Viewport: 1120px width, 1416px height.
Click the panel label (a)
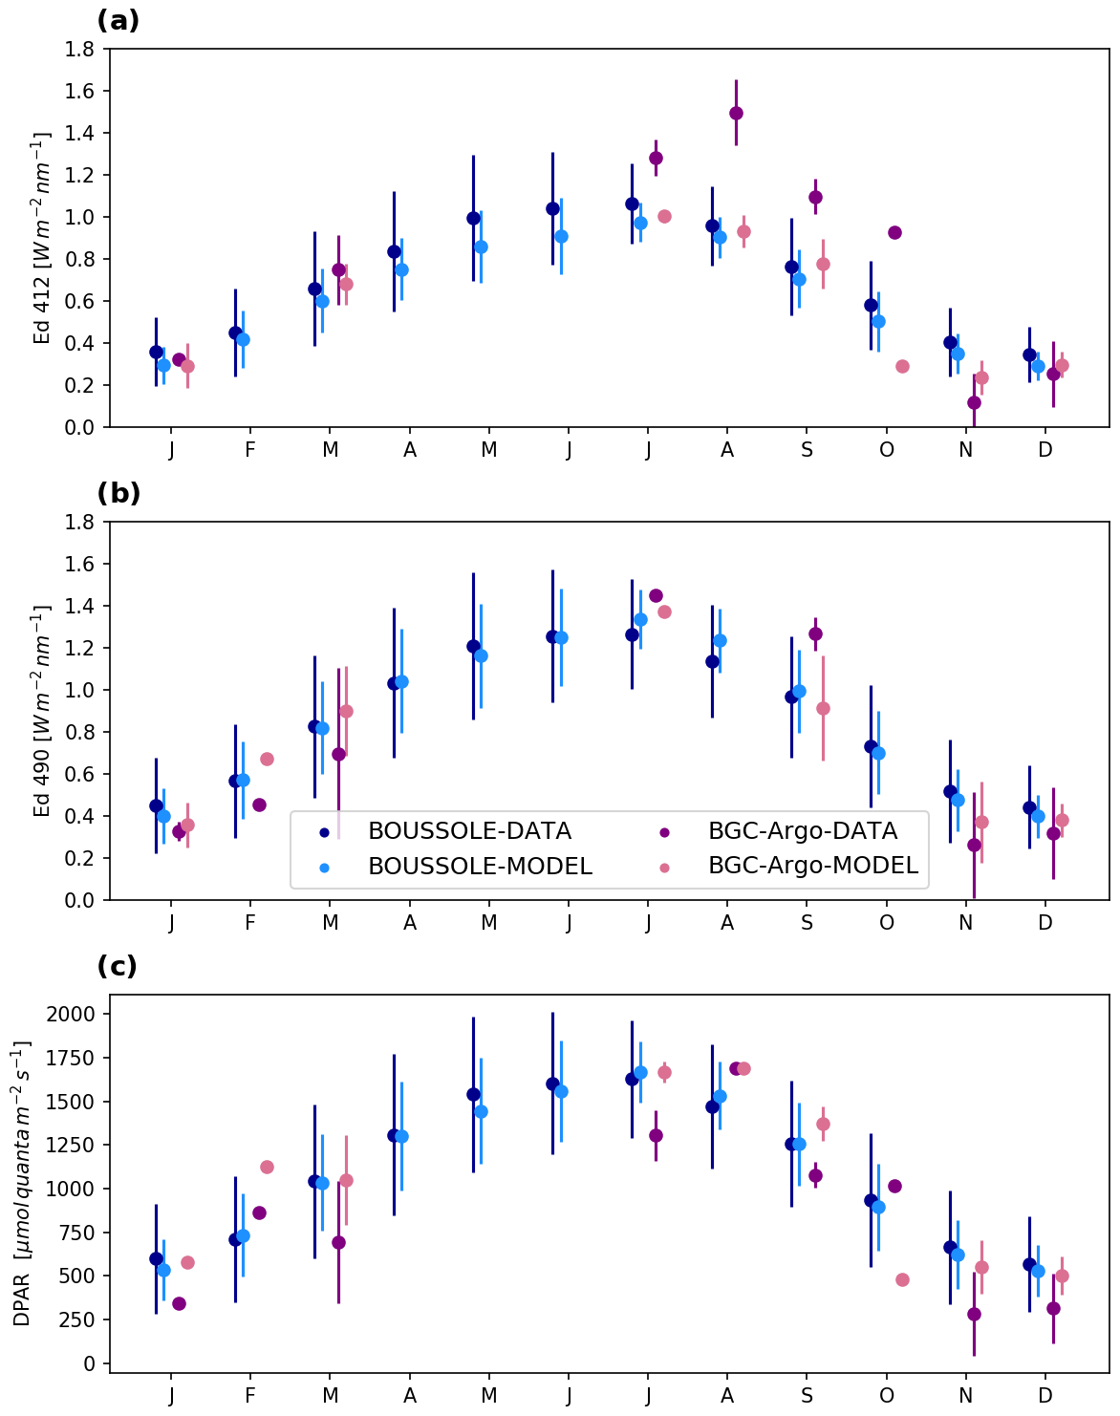[118, 20]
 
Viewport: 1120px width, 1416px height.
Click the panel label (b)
[118, 493]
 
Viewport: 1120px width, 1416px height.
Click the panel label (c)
[118, 966]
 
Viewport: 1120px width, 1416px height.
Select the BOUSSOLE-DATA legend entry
[469, 831]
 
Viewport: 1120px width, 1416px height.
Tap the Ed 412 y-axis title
[43, 238]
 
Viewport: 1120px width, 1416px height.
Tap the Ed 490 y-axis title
[43, 711]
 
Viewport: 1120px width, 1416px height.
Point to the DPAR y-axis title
[22, 1184]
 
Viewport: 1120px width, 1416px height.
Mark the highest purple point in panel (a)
[736, 113]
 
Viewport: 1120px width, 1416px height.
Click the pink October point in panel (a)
[902, 366]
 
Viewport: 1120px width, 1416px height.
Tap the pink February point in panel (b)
[267, 759]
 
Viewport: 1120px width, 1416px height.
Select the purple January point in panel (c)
[179, 1303]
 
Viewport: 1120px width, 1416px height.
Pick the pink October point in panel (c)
[902, 1279]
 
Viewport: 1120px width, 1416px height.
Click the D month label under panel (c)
[1045, 1396]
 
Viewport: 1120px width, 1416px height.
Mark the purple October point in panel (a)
[894, 232]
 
